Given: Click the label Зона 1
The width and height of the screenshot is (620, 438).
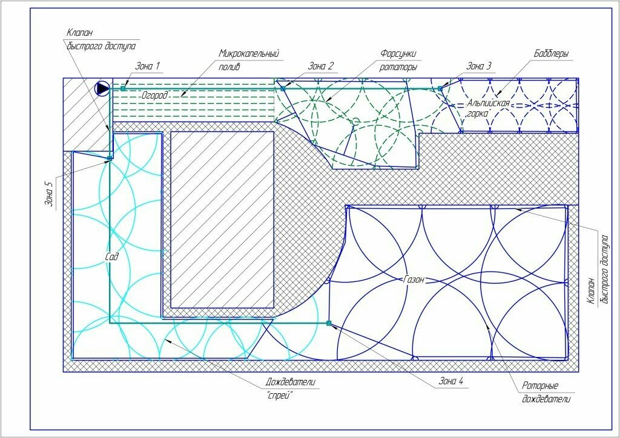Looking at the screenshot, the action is click(x=147, y=66).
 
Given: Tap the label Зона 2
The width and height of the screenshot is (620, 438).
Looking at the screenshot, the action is click(x=321, y=66).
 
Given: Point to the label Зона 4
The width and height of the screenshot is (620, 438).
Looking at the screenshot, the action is click(x=451, y=382).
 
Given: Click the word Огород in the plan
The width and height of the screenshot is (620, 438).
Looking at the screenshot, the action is click(x=154, y=95).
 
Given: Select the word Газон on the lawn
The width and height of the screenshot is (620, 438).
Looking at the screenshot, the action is click(x=414, y=279).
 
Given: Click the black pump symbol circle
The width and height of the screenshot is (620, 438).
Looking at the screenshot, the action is click(x=102, y=88).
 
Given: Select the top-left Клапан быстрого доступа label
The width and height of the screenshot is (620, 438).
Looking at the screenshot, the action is click(x=101, y=39).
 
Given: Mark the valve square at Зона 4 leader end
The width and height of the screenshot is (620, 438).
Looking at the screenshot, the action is click(x=329, y=323).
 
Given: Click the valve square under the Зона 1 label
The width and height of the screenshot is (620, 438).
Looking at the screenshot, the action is click(x=123, y=88).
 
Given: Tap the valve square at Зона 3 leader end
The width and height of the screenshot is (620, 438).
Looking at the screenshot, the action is click(x=440, y=89).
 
